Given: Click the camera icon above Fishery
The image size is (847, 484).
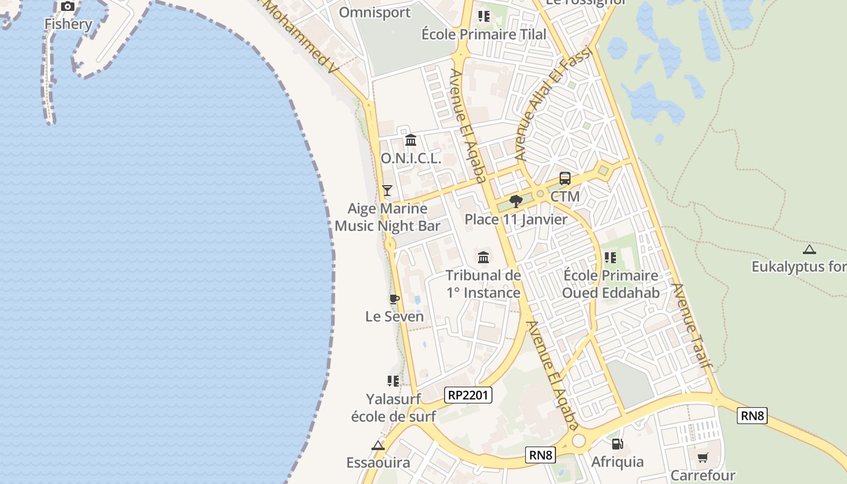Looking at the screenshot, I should coord(68,7).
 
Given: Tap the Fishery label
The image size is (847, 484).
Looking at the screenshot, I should coord(68,24).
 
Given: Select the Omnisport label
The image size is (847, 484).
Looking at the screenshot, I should coord(374,12).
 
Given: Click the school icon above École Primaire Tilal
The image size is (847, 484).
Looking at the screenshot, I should coord(483,16).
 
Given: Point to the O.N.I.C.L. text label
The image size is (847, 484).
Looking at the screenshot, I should coord(411,159).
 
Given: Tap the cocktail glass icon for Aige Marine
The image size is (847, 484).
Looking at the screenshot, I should coord(387,191).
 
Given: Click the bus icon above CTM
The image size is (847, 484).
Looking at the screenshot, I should coord(564,178).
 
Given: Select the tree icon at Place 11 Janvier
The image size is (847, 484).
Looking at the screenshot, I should coord(515,201).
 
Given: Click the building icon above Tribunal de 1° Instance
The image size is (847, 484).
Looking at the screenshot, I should coord(483,258).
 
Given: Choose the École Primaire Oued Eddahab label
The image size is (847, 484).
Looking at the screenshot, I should coord(610,284).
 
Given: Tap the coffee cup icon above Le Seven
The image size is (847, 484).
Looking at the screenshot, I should coord(394,299).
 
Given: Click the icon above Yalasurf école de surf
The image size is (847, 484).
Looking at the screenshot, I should coord(393,381).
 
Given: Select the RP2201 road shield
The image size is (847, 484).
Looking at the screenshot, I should coord(468,396).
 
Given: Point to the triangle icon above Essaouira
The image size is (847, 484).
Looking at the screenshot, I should coord(378,446).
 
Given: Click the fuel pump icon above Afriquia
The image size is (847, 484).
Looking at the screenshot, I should coord(617,444).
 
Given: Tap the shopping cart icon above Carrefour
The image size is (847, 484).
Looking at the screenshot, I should coord(702,458).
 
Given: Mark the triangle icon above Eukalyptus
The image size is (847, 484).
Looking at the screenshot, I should coord(809,249).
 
